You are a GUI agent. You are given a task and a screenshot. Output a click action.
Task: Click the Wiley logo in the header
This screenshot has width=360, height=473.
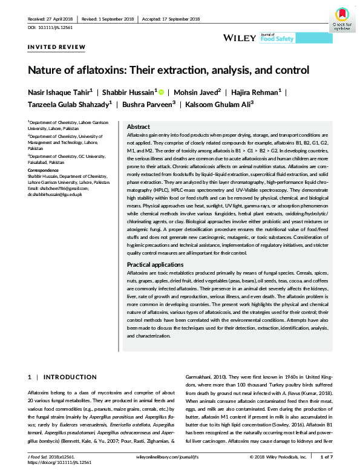240,38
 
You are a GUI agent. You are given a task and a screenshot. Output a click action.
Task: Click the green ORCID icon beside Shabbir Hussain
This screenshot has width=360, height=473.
162,91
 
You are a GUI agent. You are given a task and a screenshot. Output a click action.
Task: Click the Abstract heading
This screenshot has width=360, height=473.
138,126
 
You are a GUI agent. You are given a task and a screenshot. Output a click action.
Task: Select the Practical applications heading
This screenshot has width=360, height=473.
155,265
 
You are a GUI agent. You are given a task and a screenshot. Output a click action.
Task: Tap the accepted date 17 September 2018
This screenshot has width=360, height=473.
171,19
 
